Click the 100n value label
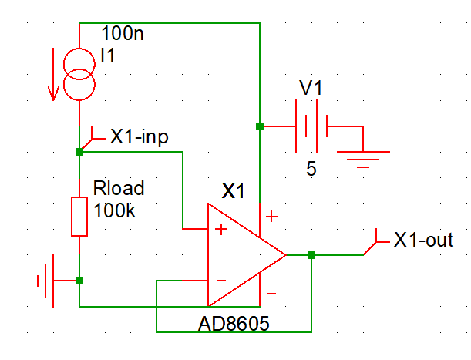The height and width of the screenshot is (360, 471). [x=123, y=33]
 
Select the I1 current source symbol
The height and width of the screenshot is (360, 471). [x=79, y=74]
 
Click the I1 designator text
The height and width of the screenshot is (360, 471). [x=108, y=56]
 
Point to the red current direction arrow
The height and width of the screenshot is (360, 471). [x=53, y=74]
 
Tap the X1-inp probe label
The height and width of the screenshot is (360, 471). [x=140, y=137]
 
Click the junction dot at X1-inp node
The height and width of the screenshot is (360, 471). [x=79, y=152]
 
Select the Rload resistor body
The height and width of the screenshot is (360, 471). [x=79, y=217]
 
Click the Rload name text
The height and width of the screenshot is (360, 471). [x=119, y=188]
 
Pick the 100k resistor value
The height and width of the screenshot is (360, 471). [x=114, y=210]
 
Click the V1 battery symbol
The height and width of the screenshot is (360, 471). [x=311, y=126]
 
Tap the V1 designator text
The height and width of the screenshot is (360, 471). [x=311, y=88]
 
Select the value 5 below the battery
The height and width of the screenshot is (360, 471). [x=311, y=169]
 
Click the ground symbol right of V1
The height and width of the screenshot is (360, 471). [x=363, y=160]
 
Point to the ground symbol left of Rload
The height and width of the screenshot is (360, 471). [x=45, y=281]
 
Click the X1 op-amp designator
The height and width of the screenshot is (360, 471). [x=233, y=191]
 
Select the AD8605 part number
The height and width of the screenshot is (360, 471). [x=234, y=324]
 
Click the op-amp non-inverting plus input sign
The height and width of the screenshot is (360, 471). [x=221, y=229]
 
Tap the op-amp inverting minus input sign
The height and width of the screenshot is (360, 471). [x=221, y=281]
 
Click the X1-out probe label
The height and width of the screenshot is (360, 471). [x=423, y=240]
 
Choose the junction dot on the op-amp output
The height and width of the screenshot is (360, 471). [x=311, y=255]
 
